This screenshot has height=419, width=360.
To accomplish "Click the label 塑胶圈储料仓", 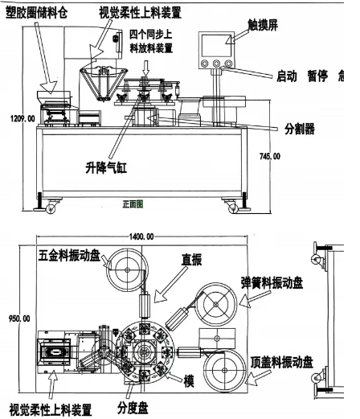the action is pos(37,13).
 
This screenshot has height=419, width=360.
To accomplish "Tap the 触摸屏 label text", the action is pos(263,25).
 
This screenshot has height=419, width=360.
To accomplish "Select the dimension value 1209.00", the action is pos(22,118).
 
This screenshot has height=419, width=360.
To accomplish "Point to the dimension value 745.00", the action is pos(270,156).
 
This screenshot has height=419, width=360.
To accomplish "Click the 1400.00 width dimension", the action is pos(141,236).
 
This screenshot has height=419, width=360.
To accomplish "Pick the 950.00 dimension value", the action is pos(19,318).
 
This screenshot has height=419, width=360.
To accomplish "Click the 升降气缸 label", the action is pos(106,168).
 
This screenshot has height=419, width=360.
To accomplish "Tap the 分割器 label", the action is pos(300,129).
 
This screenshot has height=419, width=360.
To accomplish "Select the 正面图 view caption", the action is pos(133,204).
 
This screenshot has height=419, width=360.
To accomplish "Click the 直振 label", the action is pos(191,260).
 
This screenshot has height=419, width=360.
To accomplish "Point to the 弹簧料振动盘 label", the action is pos(272,283).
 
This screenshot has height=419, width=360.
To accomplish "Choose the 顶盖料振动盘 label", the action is pos(282,363).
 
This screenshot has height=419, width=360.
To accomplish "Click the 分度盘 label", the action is pos(133,408).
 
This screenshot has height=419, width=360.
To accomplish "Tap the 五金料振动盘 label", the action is pos(69,255).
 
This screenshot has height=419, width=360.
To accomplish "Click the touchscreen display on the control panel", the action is pos(216,45).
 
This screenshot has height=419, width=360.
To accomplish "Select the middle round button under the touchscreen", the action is pos(216,64).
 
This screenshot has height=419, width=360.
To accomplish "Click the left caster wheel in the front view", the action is pos(51,208).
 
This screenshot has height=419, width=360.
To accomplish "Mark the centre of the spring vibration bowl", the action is pos(216,304).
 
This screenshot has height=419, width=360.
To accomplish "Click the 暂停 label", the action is pos(317,76).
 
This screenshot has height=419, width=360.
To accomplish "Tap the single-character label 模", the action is pos(189,381).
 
